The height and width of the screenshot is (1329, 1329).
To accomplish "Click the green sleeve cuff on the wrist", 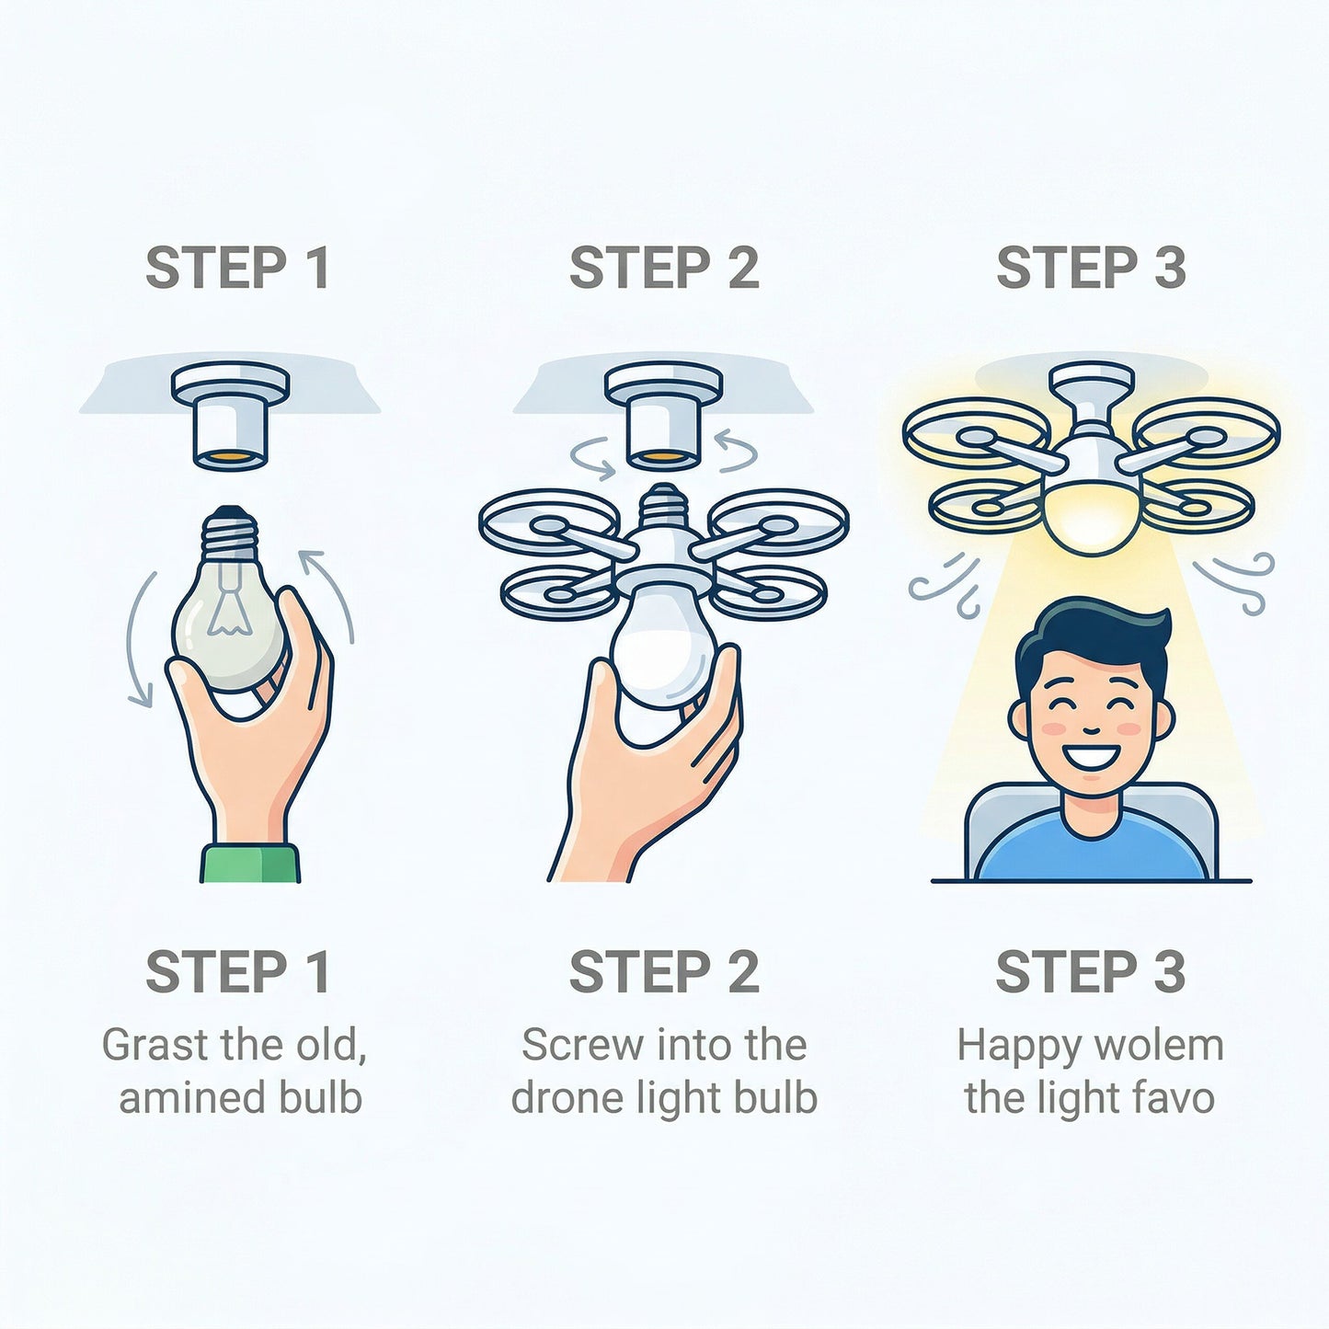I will coord(250,864).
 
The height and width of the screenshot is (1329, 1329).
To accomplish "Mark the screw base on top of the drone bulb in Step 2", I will coord(664,507).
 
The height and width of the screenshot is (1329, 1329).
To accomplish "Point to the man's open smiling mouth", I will coord(1091,757).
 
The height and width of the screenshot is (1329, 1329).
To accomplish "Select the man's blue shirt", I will coord(1091,851).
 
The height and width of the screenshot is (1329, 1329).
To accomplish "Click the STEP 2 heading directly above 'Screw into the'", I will coord(664,972).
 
